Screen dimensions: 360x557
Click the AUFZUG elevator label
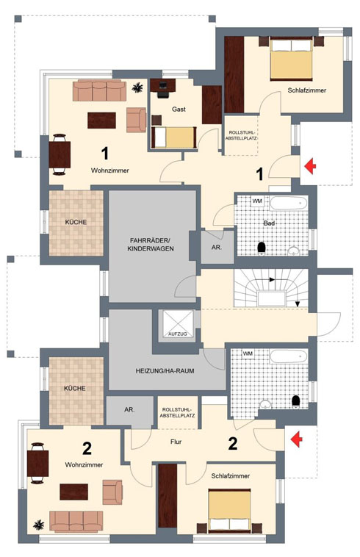coord(178,334)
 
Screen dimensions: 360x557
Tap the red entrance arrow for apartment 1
coord(311,166)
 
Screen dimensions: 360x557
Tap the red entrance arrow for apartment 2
coord(297,439)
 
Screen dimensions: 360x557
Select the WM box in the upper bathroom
coord(257,201)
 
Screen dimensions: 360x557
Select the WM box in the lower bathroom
coord(248,353)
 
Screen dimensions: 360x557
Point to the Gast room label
coord(179,109)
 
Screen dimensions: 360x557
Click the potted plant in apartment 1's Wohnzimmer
coord(137,87)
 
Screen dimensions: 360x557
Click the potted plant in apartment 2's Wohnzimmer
coord(38,525)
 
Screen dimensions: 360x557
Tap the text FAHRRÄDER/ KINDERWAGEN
coord(151,245)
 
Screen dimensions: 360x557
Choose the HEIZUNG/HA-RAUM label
coord(165,371)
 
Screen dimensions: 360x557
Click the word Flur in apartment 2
coord(176,442)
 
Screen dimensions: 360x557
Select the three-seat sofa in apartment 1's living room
coord(99,90)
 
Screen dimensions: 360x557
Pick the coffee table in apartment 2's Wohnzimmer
coord(74,492)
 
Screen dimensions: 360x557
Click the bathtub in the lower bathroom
coord(288,356)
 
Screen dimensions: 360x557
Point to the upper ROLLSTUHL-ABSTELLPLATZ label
coord(241,135)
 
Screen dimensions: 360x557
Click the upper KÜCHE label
coord(76,222)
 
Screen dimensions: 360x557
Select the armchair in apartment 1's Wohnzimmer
coord(137,120)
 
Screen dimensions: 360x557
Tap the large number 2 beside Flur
coord(233,444)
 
